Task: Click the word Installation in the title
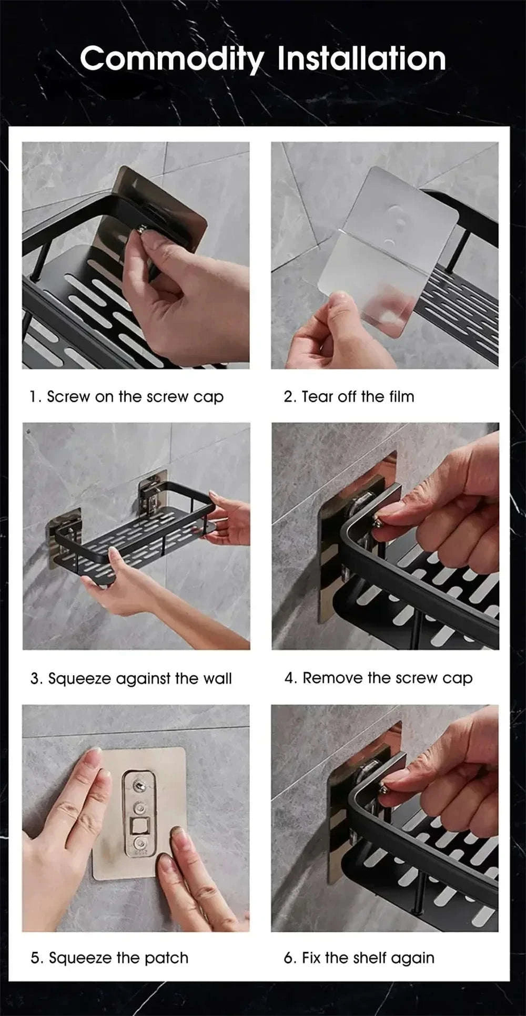pos(361,59)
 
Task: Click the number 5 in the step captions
pos(34,958)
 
